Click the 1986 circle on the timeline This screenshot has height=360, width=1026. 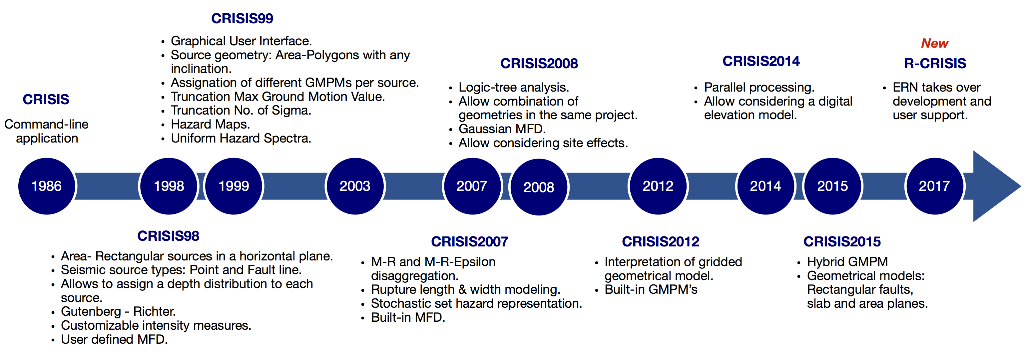point(47,186)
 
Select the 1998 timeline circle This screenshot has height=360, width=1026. point(169,186)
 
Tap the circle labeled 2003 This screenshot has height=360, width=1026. point(355,186)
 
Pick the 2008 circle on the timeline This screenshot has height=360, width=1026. point(539,187)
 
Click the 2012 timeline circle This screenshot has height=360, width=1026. point(658,186)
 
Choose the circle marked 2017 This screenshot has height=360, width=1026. point(934,186)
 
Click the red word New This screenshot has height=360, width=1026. point(934,43)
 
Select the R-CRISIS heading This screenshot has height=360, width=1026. point(935,63)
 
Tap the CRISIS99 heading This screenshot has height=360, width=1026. point(242,18)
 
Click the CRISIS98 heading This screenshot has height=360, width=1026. point(168,236)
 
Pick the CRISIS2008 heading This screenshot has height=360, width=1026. point(539,63)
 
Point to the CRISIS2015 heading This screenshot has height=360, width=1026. point(842,241)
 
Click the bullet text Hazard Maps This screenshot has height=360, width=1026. point(210,124)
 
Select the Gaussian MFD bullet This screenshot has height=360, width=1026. point(502,129)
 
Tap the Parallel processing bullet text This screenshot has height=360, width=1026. point(759,87)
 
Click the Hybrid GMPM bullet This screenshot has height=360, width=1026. point(847,262)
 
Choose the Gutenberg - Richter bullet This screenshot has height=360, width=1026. point(118,311)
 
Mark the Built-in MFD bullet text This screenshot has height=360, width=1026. point(408,317)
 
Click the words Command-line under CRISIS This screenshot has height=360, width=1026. point(46,124)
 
